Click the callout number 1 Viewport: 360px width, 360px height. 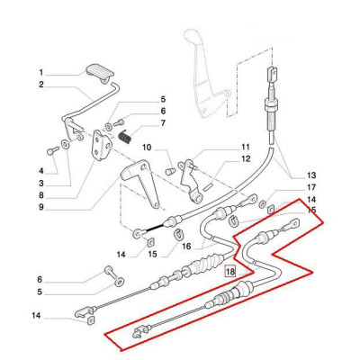[x=40, y=72]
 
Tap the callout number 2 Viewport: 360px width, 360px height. [x=40, y=85]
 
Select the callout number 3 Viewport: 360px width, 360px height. [x=40, y=184]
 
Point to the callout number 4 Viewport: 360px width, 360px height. [x=40, y=170]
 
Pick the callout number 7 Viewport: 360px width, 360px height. [x=163, y=123]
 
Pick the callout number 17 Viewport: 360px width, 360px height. [x=311, y=187]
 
